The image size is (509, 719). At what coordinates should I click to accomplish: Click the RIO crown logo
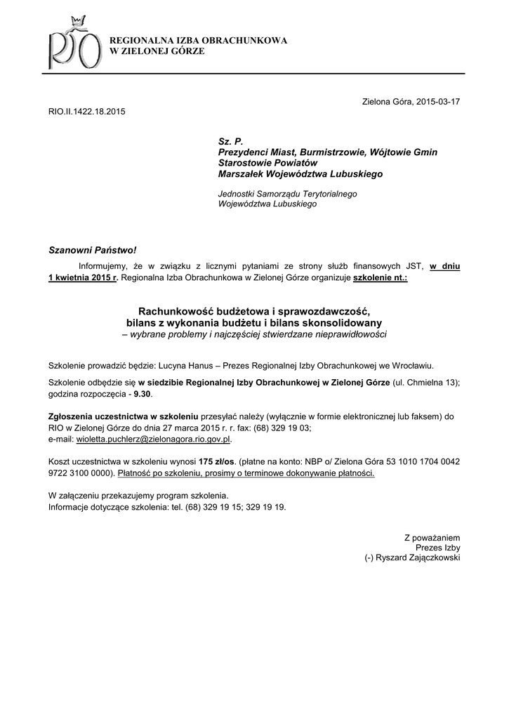(x=70, y=46)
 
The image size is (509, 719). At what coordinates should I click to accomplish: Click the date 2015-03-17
(x=437, y=102)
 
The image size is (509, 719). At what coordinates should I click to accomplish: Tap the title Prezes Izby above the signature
(x=438, y=547)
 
